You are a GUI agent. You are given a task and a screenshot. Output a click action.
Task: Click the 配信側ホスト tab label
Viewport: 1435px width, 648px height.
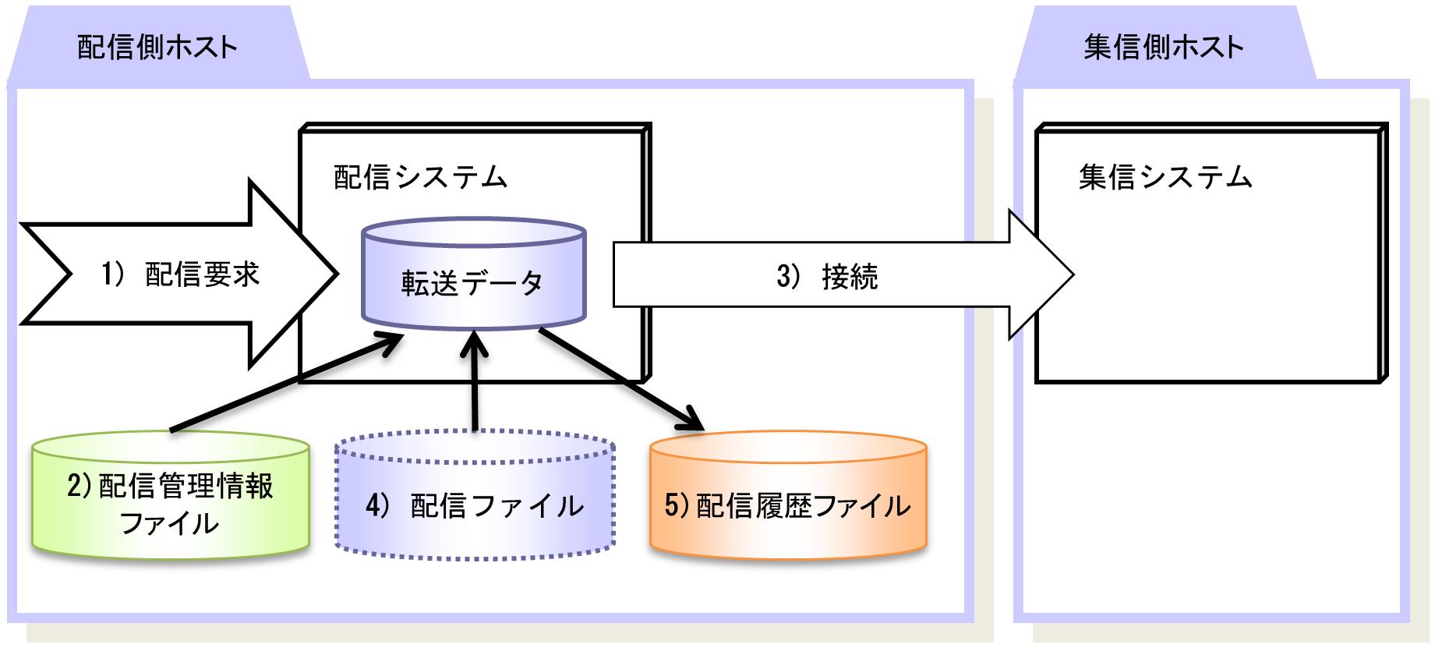(x=157, y=48)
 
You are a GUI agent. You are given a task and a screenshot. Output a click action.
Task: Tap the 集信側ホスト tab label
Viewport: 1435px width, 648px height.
(x=1163, y=48)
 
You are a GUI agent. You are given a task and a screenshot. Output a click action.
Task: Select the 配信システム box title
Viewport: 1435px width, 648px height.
(x=420, y=178)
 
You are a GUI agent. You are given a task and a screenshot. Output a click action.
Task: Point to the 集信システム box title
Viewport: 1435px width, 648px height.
(x=1165, y=178)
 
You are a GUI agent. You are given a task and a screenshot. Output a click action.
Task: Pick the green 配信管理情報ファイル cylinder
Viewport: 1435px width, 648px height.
(x=170, y=499)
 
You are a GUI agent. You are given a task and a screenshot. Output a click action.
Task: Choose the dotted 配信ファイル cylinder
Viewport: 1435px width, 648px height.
(x=474, y=499)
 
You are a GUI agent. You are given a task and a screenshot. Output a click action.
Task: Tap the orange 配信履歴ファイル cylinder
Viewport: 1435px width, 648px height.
(x=787, y=499)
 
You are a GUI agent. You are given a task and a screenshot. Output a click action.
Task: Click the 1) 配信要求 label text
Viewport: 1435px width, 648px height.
(x=181, y=274)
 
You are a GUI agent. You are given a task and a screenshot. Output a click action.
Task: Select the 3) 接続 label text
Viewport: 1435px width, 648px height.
(x=827, y=277)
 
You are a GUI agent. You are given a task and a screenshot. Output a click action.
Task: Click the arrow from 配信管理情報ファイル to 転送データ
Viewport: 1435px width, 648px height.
(x=281, y=382)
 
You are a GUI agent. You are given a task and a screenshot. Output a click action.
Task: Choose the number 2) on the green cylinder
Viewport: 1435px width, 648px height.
(x=80, y=486)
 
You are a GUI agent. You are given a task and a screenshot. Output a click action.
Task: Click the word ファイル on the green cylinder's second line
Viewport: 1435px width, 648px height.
(x=169, y=522)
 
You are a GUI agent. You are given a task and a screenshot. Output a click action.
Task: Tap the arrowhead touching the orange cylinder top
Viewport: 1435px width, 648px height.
(x=694, y=422)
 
